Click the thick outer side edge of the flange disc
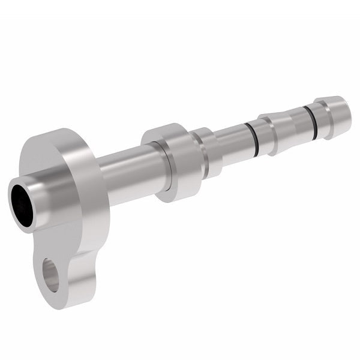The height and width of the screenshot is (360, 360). tap(96, 180)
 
